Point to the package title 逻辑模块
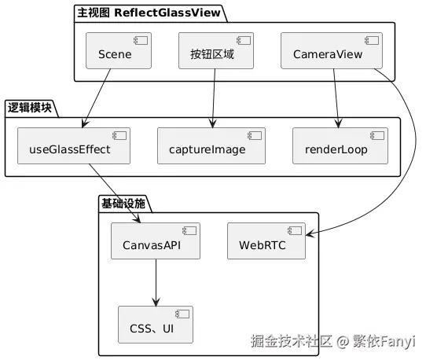pos(30,108)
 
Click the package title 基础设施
pos(123,203)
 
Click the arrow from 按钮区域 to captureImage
pos(213,98)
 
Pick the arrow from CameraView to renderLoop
pos(336,98)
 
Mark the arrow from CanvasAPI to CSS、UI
pos(156,283)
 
